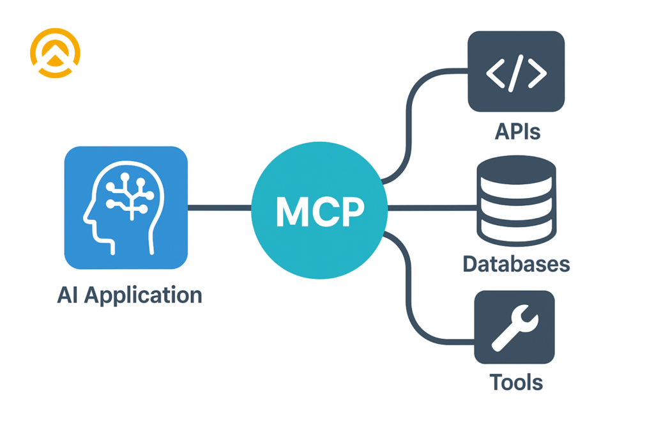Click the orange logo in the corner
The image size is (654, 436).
[x=55, y=52]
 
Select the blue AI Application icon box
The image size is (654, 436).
[x=126, y=207]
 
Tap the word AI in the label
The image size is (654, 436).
[x=68, y=295]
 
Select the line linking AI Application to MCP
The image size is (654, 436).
[x=219, y=208]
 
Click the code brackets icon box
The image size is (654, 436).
[x=516, y=71]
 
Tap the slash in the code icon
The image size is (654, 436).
[x=516, y=71]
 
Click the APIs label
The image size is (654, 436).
[x=517, y=131]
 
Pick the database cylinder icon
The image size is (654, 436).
[x=516, y=201]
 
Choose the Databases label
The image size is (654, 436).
[x=516, y=263]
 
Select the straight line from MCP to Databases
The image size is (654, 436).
[x=432, y=208]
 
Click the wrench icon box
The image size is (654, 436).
[x=514, y=327]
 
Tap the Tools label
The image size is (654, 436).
[x=516, y=382]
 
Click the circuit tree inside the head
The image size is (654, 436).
[x=130, y=194]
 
